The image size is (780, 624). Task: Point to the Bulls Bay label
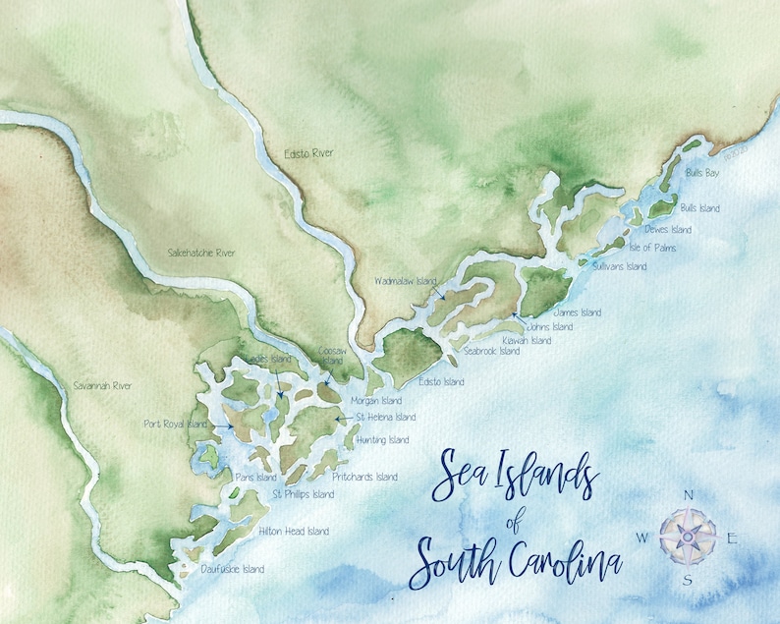(x=701, y=172)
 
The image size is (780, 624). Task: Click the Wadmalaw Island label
(x=405, y=281)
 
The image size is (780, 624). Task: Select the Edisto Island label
(x=441, y=381)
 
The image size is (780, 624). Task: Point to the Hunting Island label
(x=384, y=440)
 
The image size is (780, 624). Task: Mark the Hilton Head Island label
(x=293, y=532)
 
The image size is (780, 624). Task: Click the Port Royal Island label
(x=175, y=425)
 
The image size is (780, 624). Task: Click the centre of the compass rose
(x=692, y=536)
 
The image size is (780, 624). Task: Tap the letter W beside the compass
(x=642, y=538)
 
